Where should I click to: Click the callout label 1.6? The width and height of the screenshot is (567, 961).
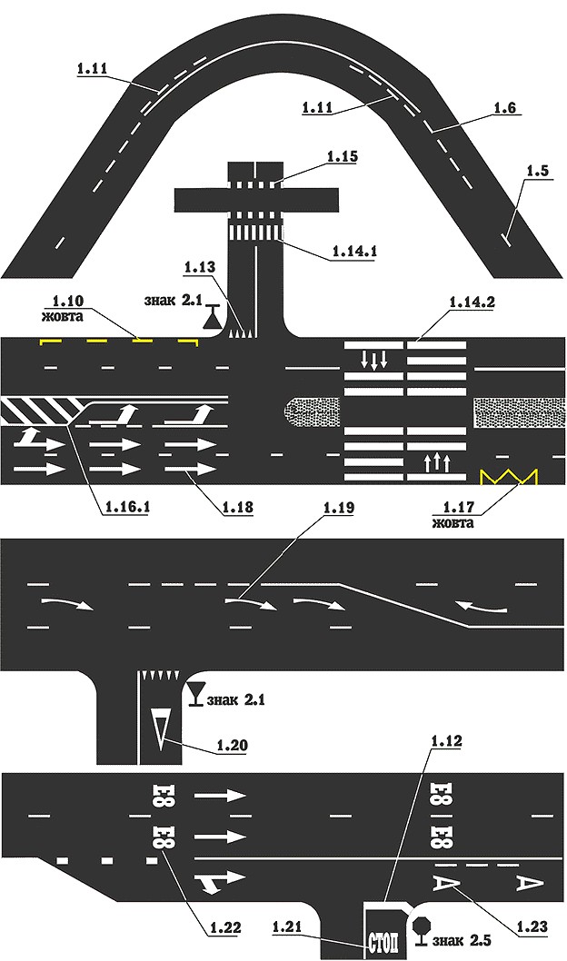coord(505,107)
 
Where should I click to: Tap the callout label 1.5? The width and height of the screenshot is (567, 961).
coord(537,171)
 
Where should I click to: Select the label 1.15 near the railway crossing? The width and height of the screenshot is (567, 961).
coord(342,157)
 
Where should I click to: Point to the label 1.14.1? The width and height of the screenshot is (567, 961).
coord(354,252)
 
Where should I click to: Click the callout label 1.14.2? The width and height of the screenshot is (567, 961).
coord(472,302)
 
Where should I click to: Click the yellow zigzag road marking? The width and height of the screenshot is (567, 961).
coord(509,477)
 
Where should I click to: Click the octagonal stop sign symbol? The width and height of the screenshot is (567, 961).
coord(422,927)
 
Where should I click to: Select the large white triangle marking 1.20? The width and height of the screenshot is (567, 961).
coord(161,728)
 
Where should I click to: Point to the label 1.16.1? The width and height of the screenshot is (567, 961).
coord(127,508)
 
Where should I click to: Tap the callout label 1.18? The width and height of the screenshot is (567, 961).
coord(237,508)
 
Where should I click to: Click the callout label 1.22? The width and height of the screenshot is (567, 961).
coord(225,928)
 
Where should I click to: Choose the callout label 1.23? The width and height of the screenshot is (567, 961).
coord(532,927)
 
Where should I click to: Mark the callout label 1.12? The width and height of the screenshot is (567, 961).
coord(446,741)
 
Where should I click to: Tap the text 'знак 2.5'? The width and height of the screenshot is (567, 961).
coord(462,940)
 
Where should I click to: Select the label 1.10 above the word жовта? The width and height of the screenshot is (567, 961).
coord(67,302)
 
